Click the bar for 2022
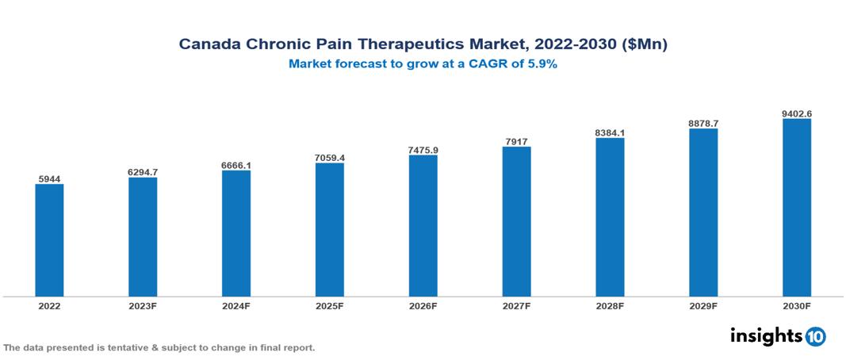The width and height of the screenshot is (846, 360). pyautogui.click(x=49, y=240)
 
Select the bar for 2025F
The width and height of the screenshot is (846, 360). pyautogui.click(x=329, y=229)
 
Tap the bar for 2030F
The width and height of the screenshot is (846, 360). pyautogui.click(x=796, y=208)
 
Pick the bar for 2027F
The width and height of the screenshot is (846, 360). pyautogui.click(x=516, y=221)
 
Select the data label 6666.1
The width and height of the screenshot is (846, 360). pyautogui.click(x=236, y=165)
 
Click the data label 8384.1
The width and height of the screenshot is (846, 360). pyautogui.click(x=610, y=132)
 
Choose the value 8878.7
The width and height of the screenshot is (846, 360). pyautogui.click(x=703, y=124)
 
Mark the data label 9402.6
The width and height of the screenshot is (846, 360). pyautogui.click(x=796, y=113)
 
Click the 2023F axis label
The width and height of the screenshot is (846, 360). pyautogui.click(x=143, y=305)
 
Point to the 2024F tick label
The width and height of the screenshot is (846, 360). pyautogui.click(x=236, y=305)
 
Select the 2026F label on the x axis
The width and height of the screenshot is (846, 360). pyautogui.click(x=423, y=305)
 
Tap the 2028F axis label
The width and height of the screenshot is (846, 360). pyautogui.click(x=610, y=305)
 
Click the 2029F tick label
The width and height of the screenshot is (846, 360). pyautogui.click(x=703, y=305)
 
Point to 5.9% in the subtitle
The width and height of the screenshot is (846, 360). pyautogui.click(x=541, y=65)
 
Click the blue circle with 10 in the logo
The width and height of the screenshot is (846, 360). pyautogui.click(x=815, y=336)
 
